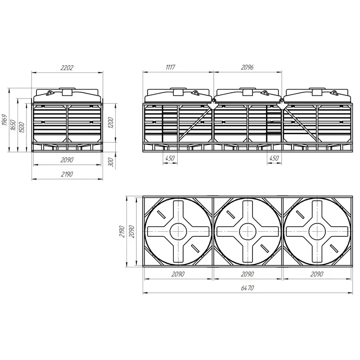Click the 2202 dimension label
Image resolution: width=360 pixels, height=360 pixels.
pos(67,68)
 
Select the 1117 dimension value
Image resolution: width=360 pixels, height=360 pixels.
pos(171,67)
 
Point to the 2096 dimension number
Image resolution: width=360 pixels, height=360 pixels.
pos(247,67)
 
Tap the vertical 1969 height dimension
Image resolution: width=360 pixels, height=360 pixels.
pos(4,120)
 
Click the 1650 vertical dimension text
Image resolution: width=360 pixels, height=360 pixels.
pos(13,125)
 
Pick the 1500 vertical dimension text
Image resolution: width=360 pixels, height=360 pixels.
pos(22,127)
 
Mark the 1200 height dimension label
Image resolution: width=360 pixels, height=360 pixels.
pos(111,122)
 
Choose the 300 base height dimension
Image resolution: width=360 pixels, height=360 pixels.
pos(111,162)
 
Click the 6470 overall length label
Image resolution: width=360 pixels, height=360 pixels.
pos(247,288)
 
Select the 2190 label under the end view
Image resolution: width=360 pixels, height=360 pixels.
pos(67,174)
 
